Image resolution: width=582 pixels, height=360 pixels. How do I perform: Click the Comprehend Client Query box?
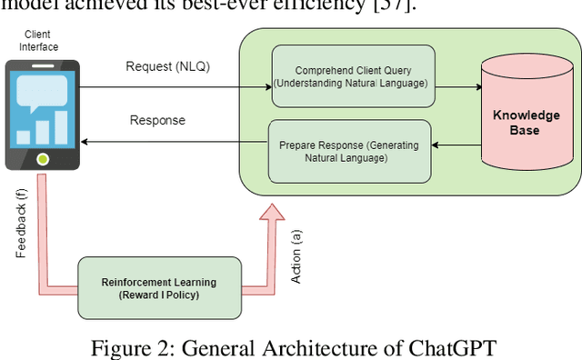tap(350, 76)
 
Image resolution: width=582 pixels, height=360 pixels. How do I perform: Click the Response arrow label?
tap(157, 120)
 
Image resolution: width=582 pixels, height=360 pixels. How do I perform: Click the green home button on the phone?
tap(43, 160)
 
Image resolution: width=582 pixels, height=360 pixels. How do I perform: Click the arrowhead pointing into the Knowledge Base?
tap(478, 88)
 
